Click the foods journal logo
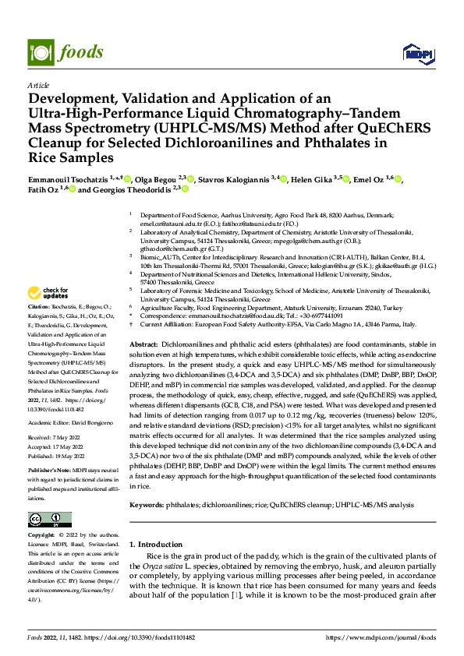point(66,52)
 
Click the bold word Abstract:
point(143,344)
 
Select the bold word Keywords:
point(146,505)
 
